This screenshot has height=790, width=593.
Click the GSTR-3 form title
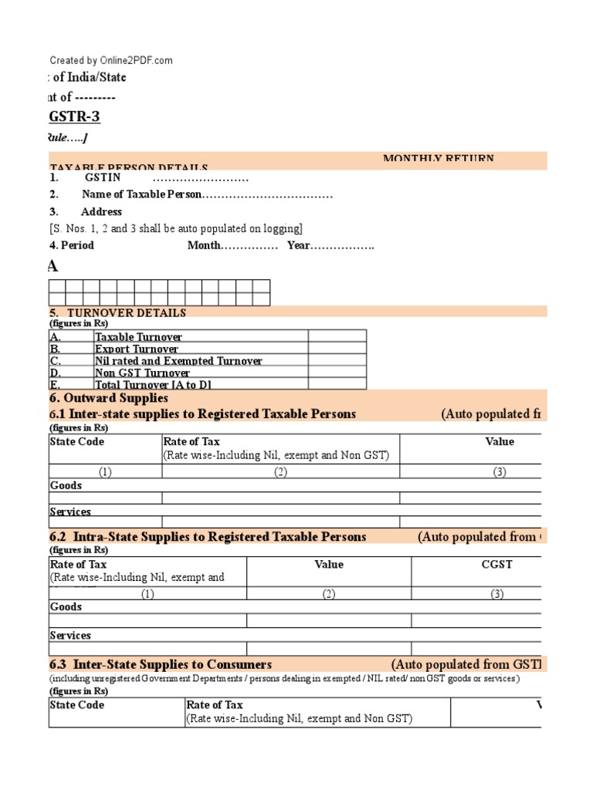coord(74,116)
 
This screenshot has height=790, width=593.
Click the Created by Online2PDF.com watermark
coord(111,60)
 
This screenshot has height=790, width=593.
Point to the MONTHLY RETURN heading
coord(438,159)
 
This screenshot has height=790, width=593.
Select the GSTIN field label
coord(103,177)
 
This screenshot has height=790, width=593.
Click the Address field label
coord(101,211)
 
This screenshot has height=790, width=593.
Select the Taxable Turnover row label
coord(139,337)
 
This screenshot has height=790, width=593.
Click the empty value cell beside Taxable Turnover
coord(337,336)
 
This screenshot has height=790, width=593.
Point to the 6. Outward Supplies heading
coord(109,398)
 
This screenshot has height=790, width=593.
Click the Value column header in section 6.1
coord(500,442)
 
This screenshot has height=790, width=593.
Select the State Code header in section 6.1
coord(77,442)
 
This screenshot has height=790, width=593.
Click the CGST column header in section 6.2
coord(498,565)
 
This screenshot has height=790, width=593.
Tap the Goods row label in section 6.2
coord(66,607)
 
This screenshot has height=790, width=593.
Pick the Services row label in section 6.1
coord(70,511)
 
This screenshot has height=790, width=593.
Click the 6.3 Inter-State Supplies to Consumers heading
coord(161,664)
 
